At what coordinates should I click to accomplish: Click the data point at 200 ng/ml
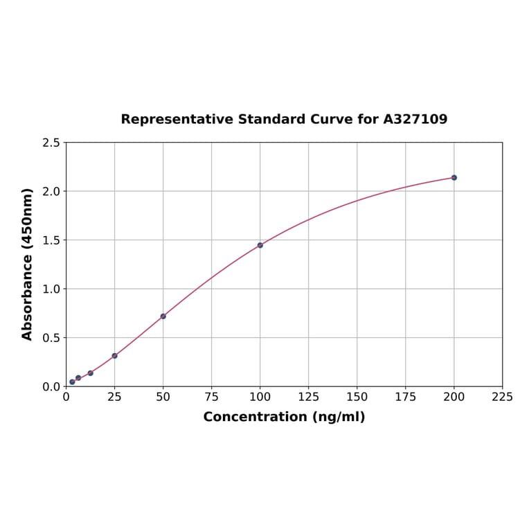tap(454, 178)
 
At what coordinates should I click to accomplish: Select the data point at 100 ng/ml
tap(260, 245)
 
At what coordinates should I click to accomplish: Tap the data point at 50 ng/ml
tap(163, 316)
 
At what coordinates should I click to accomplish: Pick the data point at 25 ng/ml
tap(115, 356)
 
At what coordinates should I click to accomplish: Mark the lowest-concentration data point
tap(72, 382)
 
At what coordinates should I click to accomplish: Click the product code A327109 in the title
tap(415, 119)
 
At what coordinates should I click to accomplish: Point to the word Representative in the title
tap(177, 119)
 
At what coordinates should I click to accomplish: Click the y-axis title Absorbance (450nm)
tap(28, 264)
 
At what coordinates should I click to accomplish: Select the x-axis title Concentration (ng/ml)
tap(284, 417)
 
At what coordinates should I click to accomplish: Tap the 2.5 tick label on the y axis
tap(52, 143)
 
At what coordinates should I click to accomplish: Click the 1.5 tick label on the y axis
tap(52, 240)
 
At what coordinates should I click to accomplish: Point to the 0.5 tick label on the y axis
tap(52, 338)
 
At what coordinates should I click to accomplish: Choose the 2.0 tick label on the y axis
tap(52, 191)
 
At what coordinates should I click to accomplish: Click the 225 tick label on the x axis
tap(503, 397)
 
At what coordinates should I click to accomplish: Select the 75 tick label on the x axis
tap(212, 397)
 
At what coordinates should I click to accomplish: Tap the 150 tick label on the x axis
tap(357, 397)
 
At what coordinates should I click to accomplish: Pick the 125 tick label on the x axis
tap(309, 397)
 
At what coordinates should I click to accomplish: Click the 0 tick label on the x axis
tap(66, 397)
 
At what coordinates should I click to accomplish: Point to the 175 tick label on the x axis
tap(406, 397)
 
